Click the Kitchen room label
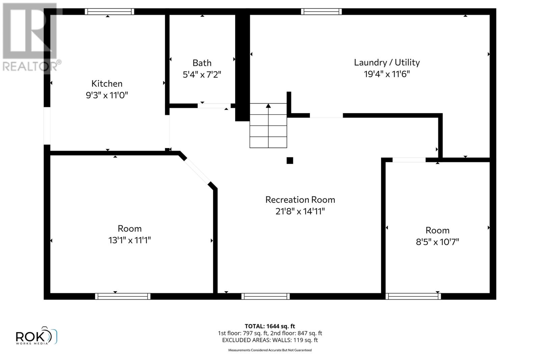pyautogui.click(x=107, y=84)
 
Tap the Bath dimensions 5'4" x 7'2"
pyautogui.click(x=202, y=75)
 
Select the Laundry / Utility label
pyautogui.click(x=387, y=62)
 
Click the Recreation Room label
pyautogui.click(x=300, y=200)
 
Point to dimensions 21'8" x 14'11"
pyautogui.click(x=300, y=212)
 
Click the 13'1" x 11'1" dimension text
pyautogui.click(x=129, y=240)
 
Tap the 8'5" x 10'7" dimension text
pyautogui.click(x=437, y=242)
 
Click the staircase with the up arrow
pyautogui.click(x=268, y=126)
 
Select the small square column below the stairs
pyautogui.click(x=290, y=161)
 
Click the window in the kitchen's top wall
pyautogui.click(x=109, y=12)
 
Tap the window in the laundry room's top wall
pyautogui.click(x=321, y=12)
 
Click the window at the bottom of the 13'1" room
pyautogui.click(x=123, y=296)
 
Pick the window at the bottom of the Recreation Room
pyautogui.click(x=265, y=296)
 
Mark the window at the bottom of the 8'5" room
pyautogui.click(x=413, y=296)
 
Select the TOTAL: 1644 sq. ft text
pyautogui.click(x=270, y=326)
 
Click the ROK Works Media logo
pyautogui.click(x=36, y=336)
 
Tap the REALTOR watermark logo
pyautogui.click(x=30, y=37)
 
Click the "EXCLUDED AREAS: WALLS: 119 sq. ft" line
pyautogui.click(x=270, y=340)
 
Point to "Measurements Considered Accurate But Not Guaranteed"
pyautogui.click(x=270, y=350)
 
